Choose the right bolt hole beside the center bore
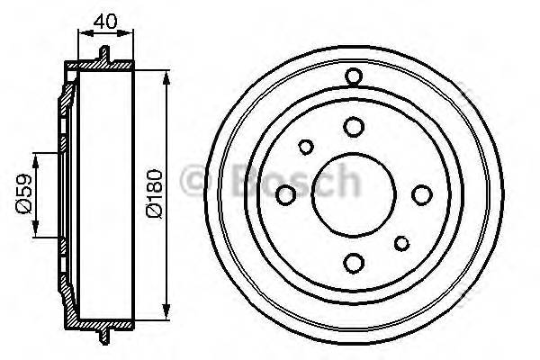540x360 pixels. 420,193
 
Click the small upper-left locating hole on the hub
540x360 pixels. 306,147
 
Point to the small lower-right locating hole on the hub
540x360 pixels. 400,241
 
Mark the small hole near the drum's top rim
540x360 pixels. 353,76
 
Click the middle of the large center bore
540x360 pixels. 353,193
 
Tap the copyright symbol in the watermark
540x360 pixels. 195,181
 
